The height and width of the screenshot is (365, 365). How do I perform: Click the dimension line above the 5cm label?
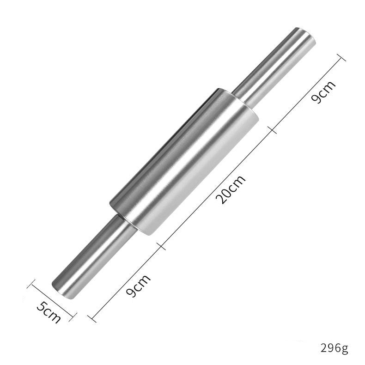(52, 300)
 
